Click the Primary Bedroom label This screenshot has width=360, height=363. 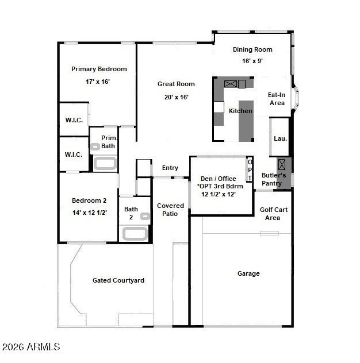pyautogui.click(x=99, y=69)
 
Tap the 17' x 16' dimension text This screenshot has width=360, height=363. pyautogui.click(x=98, y=82)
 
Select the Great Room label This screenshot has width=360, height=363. pyautogui.click(x=176, y=84)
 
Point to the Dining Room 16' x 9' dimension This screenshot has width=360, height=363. pyautogui.click(x=252, y=61)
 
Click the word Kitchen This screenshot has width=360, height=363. pyautogui.click(x=240, y=111)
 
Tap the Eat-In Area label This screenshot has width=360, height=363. pyautogui.click(x=277, y=99)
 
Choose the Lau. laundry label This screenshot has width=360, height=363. pyautogui.click(x=280, y=138)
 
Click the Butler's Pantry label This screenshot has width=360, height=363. pyautogui.click(x=274, y=179)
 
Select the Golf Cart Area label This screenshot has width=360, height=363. pyautogui.click(x=274, y=214)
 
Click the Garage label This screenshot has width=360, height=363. pyautogui.click(x=248, y=273)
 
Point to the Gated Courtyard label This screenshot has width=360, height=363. pyautogui.click(x=118, y=281)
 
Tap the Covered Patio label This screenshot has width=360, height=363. pyautogui.click(x=170, y=210)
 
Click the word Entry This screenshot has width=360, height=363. pyautogui.click(x=170, y=168)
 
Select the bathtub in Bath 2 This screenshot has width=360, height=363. pyautogui.click(x=135, y=234)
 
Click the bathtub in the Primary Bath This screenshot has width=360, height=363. pyautogui.click(x=105, y=164)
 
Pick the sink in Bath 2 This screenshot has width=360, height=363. pyautogui.click(x=145, y=216)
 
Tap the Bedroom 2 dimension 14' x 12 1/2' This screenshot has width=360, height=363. pyautogui.click(x=90, y=213)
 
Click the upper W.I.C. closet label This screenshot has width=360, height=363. pyautogui.click(x=74, y=120)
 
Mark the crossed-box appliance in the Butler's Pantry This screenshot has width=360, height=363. pyautogui.click(x=282, y=164)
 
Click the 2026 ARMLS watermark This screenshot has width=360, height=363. pyautogui.click(x=31, y=347)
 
